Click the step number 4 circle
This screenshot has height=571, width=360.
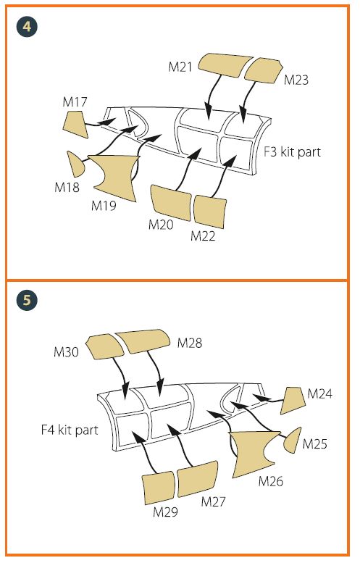[x=27, y=27]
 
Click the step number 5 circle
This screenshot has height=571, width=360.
[x=27, y=300]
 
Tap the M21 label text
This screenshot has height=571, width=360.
[x=180, y=67]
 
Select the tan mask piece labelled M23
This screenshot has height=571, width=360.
[x=264, y=70]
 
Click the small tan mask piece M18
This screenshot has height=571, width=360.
[x=76, y=164]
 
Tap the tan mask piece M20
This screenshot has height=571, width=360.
[x=171, y=202]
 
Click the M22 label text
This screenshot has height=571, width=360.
[x=203, y=236]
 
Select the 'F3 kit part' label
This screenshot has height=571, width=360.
[x=293, y=152]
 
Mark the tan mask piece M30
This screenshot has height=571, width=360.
[x=105, y=346]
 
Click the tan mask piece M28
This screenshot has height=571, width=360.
[x=143, y=341]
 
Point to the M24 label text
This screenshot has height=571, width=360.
[x=319, y=393]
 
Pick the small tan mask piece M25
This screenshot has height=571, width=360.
[x=293, y=441]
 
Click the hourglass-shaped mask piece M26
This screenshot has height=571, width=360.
[x=254, y=454]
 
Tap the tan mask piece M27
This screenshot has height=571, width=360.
[x=198, y=479]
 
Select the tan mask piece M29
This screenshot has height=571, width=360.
[x=159, y=488]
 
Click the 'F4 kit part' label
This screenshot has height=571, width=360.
[x=70, y=430]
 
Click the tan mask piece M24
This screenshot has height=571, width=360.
[x=293, y=401]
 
